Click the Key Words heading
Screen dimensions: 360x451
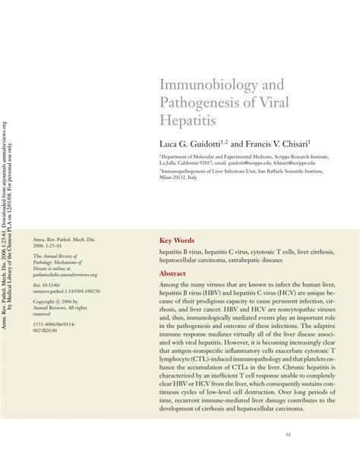tap(177, 239)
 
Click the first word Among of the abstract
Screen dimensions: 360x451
tap(169, 284)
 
